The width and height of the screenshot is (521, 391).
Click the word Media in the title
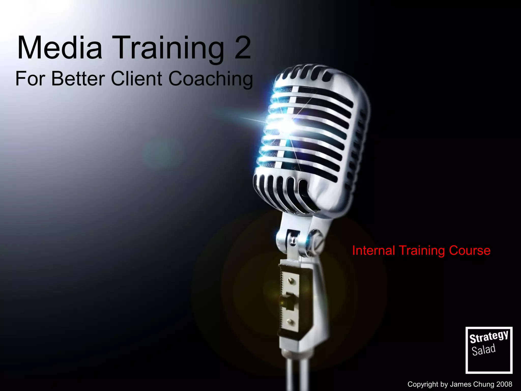pyautogui.click(x=60, y=48)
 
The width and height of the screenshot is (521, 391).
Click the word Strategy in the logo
pyautogui.click(x=489, y=337)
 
